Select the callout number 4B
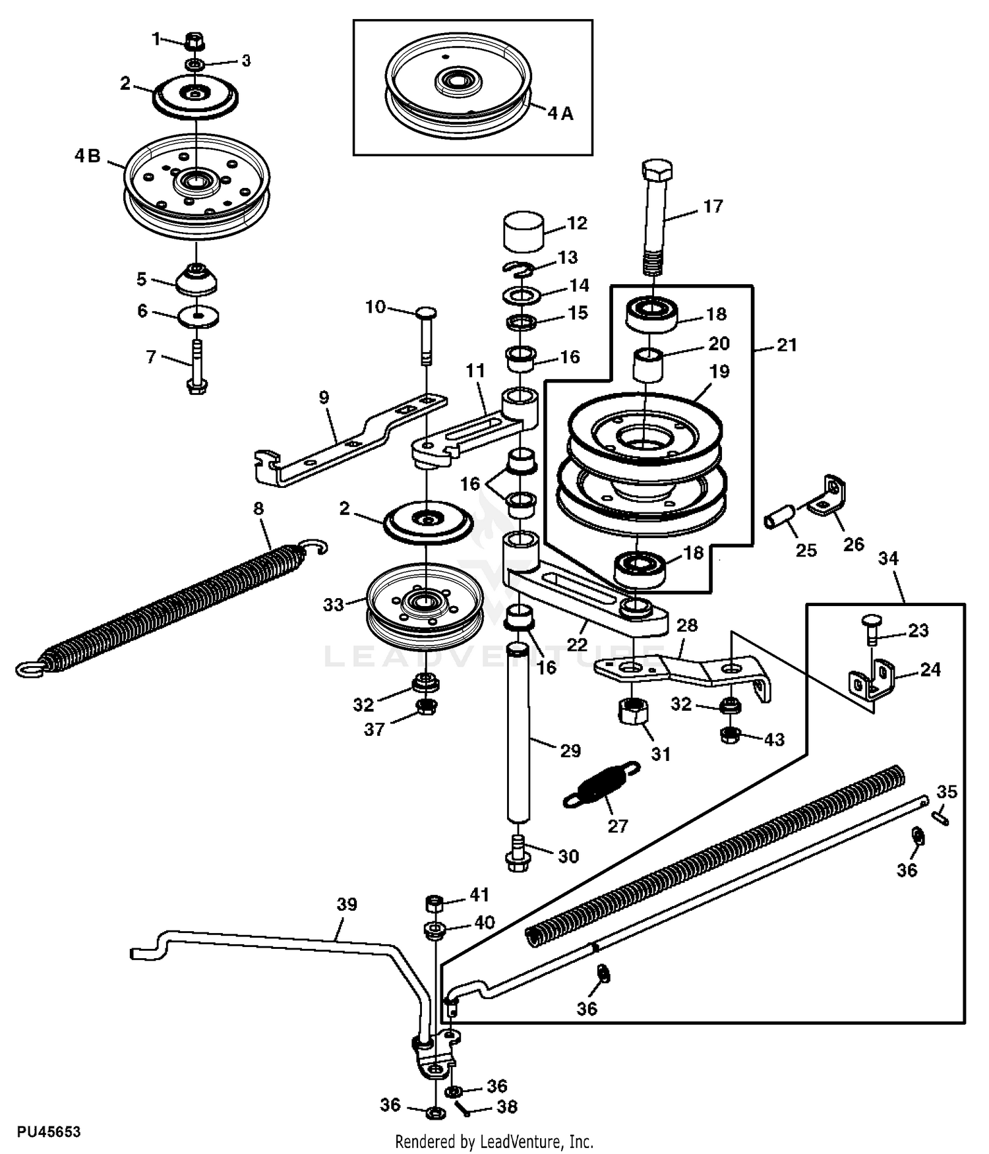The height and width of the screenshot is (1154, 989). click(87, 156)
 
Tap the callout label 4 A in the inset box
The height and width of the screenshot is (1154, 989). click(560, 114)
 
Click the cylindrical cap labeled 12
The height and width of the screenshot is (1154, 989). click(524, 231)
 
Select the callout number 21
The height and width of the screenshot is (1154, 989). click(787, 345)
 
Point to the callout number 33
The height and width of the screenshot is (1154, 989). click(334, 604)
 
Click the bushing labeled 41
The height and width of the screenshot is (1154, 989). click(435, 901)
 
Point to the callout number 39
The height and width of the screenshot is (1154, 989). click(347, 904)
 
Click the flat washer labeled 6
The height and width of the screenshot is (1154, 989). click(198, 316)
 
